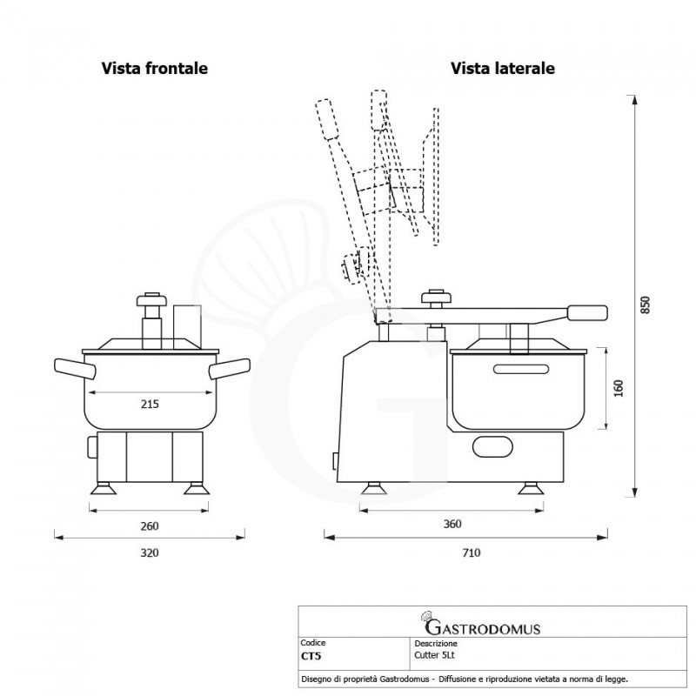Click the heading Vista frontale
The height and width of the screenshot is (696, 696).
[x=154, y=67]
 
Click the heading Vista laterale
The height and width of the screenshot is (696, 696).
[x=503, y=67]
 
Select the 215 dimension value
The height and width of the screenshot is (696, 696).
[x=150, y=404]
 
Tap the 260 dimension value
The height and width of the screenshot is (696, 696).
[x=150, y=525]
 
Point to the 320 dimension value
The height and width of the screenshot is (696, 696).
[x=150, y=552]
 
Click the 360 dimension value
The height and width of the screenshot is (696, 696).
[x=451, y=525]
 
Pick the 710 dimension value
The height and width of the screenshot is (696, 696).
[x=471, y=552]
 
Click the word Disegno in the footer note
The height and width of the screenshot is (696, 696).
[x=317, y=678]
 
